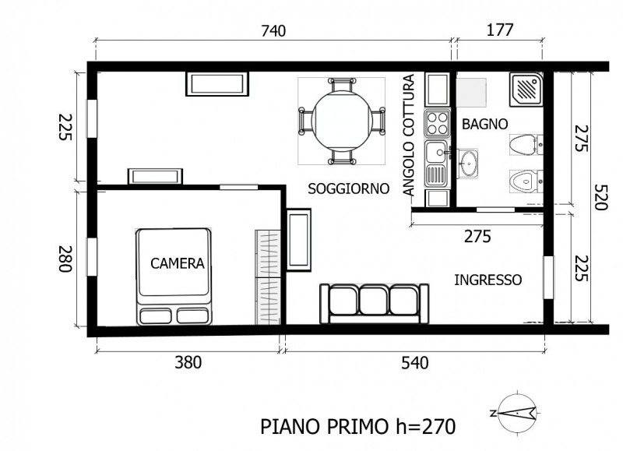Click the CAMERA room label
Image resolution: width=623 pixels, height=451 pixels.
pyautogui.click(x=178, y=263)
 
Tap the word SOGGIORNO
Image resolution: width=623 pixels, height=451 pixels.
pyautogui.click(x=348, y=189)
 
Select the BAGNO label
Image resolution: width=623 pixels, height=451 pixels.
pyautogui.click(x=484, y=125)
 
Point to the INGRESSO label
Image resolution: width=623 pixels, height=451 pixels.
pyautogui.click(x=488, y=280)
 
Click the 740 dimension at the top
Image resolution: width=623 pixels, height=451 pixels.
pyautogui.click(x=273, y=30)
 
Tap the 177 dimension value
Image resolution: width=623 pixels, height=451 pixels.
pyautogui.click(x=500, y=30)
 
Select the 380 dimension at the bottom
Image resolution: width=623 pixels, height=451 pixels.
pyautogui.click(x=188, y=362)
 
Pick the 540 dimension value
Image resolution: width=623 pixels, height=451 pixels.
pyautogui.click(x=415, y=363)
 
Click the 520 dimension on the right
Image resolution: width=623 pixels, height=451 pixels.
pyautogui.click(x=600, y=197)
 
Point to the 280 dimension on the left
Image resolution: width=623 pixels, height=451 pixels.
pyautogui.click(x=65, y=259)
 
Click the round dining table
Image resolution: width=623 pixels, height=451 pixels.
pyautogui.click(x=342, y=121)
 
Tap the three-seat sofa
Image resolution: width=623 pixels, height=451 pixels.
pyautogui.click(x=375, y=304)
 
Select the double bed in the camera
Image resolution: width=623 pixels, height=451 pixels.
pyautogui.click(x=174, y=277)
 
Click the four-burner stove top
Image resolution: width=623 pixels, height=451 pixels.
pyautogui.click(x=437, y=123)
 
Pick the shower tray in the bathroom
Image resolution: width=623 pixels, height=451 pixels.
pyautogui.click(x=526, y=90)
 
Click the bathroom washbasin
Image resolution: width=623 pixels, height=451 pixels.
pyautogui.click(x=468, y=164)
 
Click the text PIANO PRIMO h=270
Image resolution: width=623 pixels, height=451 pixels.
pyautogui.click(x=358, y=427)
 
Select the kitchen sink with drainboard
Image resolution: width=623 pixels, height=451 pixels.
pyautogui.click(x=437, y=164)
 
